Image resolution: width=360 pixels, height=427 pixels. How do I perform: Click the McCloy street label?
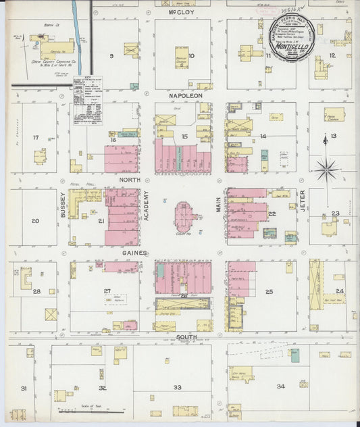coord(182,12)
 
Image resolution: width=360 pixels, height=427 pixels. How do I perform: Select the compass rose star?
coord(326,168)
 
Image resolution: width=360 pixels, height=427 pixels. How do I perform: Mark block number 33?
coord(178,386)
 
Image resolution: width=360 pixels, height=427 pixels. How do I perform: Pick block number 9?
coord(111,55)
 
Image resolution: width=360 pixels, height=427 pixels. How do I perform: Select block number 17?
coord(36,137)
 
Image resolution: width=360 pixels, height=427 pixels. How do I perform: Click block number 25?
coord(268,291)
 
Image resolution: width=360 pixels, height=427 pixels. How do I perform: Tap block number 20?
coord(35,221)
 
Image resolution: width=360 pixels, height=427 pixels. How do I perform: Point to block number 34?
coord(280,386)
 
